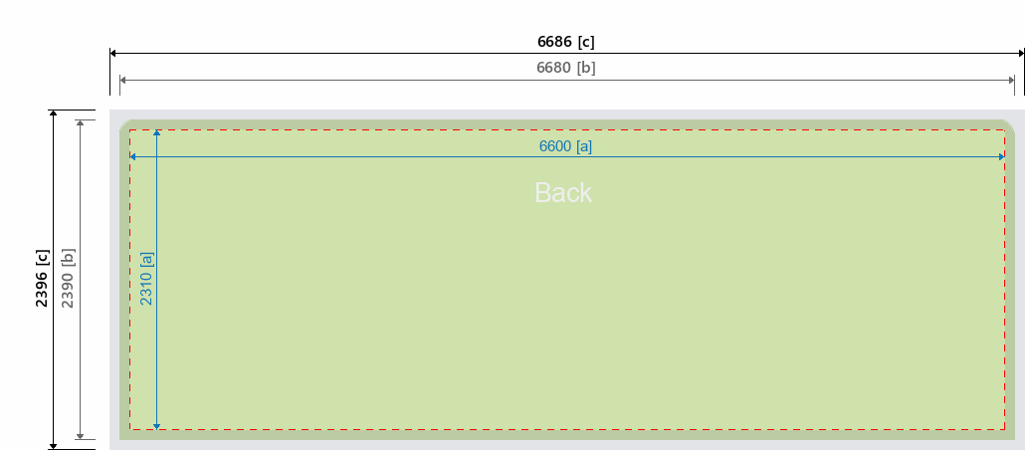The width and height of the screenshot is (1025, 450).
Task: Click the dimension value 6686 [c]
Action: coord(565,42)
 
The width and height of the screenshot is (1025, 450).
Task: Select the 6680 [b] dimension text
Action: coord(565,68)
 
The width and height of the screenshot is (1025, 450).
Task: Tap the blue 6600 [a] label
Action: coord(565,146)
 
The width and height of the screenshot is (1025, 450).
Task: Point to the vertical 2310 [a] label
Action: coord(146,279)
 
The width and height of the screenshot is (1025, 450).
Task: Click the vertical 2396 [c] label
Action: coord(42,279)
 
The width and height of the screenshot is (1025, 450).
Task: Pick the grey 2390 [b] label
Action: coord(68,279)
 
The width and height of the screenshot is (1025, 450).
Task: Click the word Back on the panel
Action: coord(563,192)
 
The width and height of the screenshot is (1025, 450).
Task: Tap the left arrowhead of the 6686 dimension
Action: coord(113,52)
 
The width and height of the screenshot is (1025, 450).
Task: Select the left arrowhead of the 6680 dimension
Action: coord(122,78)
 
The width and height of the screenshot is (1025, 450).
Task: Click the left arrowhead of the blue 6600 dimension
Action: coord(133,156)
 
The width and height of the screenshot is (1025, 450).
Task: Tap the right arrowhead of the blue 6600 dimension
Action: coord(1001,156)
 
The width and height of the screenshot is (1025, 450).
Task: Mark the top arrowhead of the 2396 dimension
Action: coord(54,113)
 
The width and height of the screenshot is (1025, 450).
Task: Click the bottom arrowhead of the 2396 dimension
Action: coord(54,445)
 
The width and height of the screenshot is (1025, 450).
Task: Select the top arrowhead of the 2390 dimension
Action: coord(80,123)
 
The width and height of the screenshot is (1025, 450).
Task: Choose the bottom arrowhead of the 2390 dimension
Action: coord(80,435)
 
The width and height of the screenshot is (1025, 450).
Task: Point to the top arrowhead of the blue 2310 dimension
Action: coord(157,133)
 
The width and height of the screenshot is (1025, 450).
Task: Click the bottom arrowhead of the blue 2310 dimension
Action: coord(157,426)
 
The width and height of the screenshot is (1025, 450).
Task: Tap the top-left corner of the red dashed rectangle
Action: coord(130,130)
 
